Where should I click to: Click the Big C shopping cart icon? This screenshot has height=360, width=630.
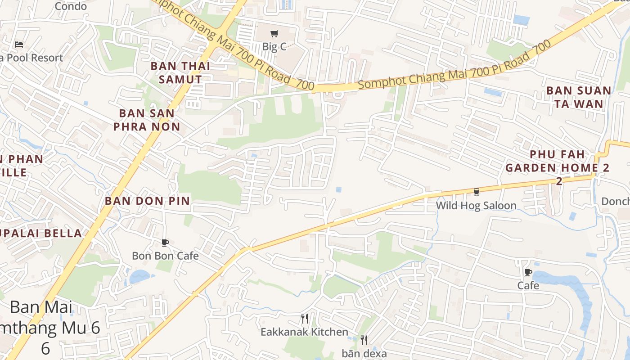(x=274, y=33)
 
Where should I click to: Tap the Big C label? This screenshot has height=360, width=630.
(x=274, y=46)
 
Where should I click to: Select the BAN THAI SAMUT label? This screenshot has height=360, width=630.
(x=180, y=72)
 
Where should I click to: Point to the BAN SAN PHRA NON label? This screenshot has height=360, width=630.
(x=147, y=120)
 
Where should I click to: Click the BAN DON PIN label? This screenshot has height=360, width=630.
(x=148, y=201)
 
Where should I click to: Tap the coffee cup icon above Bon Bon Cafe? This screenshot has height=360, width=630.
(x=165, y=243)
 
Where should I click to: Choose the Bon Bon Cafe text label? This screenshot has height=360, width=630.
(x=165, y=256)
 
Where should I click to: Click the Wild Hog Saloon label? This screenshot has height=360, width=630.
(x=476, y=206)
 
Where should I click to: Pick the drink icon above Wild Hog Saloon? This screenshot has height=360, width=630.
(x=476, y=192)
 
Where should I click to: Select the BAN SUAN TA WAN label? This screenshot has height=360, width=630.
(x=579, y=97)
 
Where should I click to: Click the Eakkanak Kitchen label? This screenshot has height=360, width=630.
(x=305, y=332)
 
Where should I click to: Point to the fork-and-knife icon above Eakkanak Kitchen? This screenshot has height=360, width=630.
(x=305, y=319)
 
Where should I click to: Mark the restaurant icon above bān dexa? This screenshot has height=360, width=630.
(x=364, y=340)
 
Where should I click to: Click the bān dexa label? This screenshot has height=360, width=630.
(x=364, y=353)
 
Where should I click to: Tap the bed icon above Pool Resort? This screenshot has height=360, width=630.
(x=19, y=44)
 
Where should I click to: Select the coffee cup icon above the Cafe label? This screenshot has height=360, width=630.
(x=528, y=273)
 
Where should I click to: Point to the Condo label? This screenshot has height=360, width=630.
(x=71, y=6)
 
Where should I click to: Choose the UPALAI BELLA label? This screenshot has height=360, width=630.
(x=40, y=233)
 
